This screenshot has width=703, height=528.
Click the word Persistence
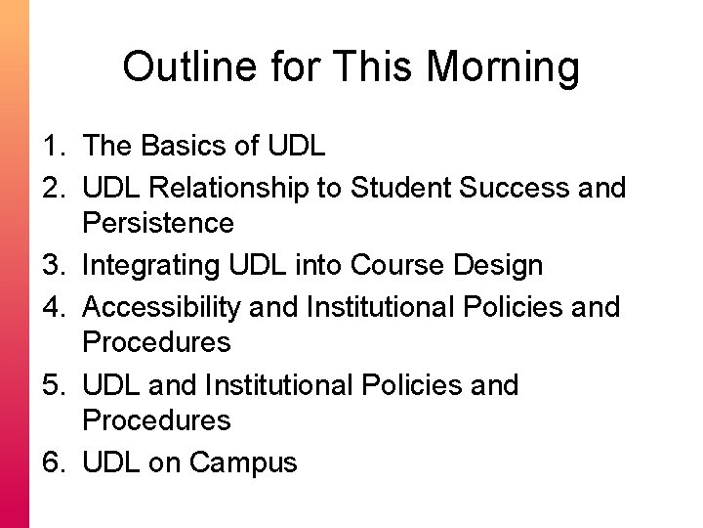[158, 224]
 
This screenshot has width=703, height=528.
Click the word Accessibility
[162, 307]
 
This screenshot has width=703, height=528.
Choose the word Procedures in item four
[156, 343]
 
